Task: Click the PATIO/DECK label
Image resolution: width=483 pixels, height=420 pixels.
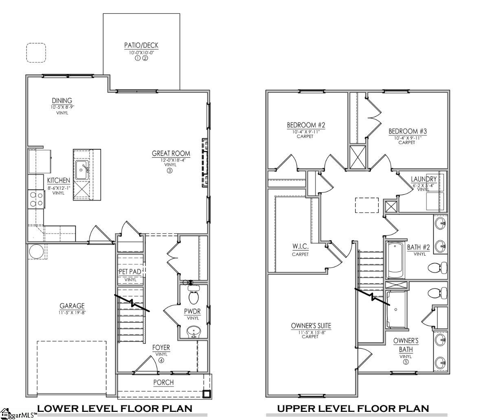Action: (141, 45)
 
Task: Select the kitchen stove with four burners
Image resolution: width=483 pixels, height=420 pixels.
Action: (36, 199)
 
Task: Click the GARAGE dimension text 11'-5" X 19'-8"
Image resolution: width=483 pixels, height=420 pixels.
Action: (72, 313)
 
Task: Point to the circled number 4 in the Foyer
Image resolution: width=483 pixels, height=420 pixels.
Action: (161, 360)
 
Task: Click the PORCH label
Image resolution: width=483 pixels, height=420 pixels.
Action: (163, 383)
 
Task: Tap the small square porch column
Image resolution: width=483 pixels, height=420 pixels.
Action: (207, 394)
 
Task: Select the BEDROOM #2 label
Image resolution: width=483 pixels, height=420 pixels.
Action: (305, 125)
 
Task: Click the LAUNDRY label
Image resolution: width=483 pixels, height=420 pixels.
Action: (424, 179)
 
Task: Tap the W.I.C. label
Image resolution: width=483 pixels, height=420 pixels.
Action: (300, 247)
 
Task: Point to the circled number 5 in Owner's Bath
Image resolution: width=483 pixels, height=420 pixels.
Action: (406, 362)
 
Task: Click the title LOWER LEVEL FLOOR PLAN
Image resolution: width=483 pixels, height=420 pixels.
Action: (114, 408)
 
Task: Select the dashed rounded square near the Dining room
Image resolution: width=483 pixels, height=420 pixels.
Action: (36, 53)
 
